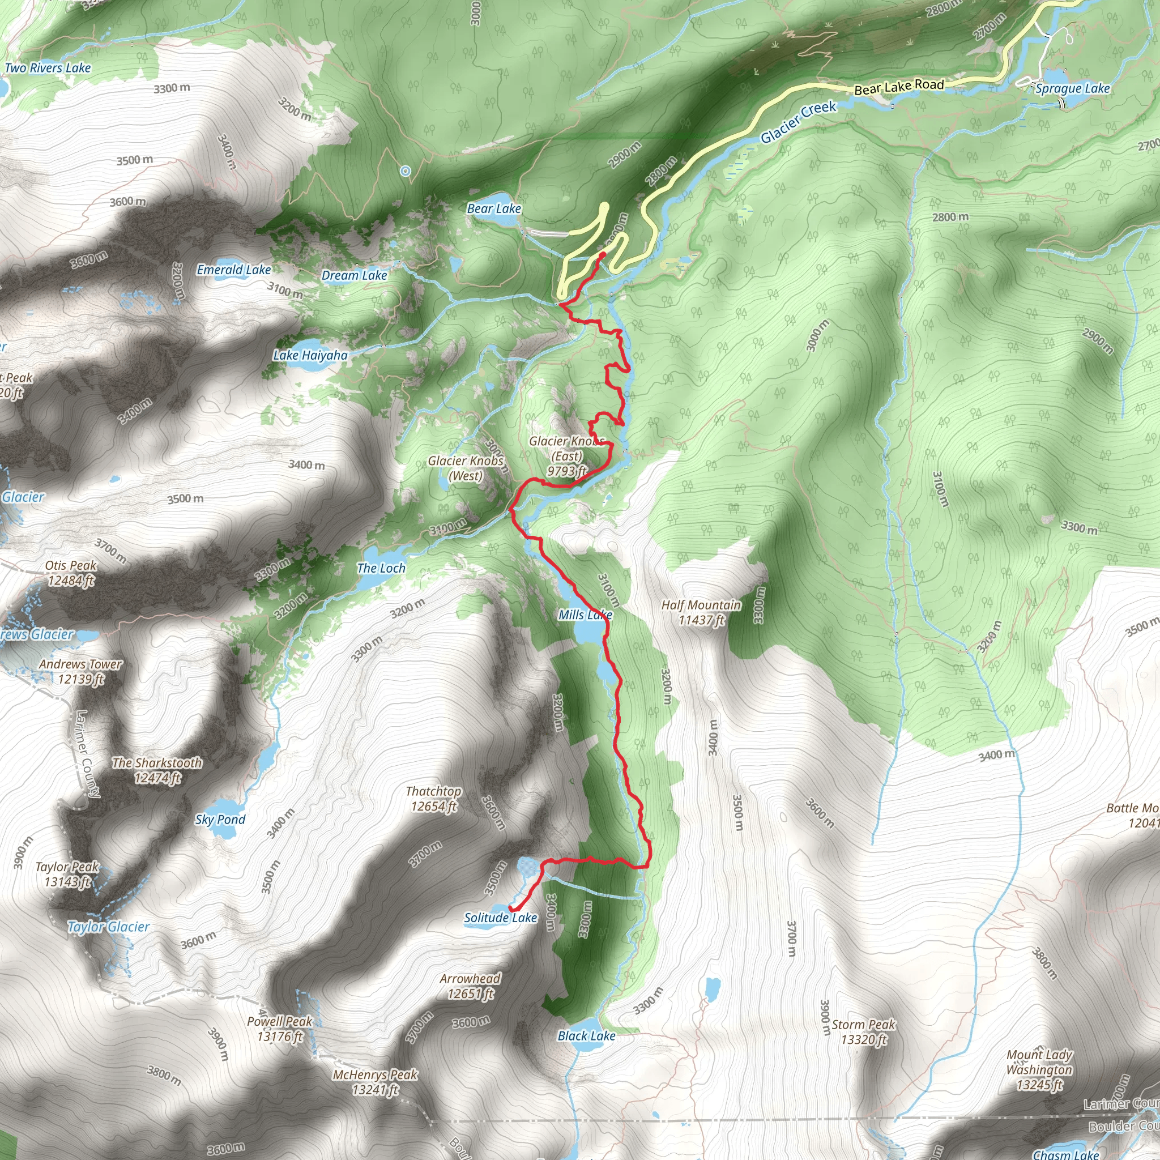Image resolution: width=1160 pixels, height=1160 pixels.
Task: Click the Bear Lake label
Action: click(x=494, y=208)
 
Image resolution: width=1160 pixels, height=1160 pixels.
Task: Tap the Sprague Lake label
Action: click(x=1072, y=88)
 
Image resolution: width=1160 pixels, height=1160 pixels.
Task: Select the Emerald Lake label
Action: click(x=233, y=270)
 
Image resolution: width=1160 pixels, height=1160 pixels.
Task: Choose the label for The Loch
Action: click(x=381, y=568)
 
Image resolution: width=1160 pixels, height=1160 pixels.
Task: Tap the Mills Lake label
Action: click(x=586, y=614)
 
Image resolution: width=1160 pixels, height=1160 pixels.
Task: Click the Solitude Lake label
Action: click(x=500, y=918)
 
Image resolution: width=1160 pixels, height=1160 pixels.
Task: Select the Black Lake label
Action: click(x=586, y=1036)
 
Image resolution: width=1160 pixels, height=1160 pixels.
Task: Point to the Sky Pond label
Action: click(x=220, y=820)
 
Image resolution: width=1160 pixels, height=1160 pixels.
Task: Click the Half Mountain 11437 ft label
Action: click(x=701, y=612)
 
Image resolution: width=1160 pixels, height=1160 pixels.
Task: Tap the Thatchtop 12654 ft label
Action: click(x=433, y=799)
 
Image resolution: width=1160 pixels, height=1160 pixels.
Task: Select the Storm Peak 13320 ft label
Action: click(x=863, y=1031)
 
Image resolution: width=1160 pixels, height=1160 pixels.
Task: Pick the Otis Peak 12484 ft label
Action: click(x=71, y=573)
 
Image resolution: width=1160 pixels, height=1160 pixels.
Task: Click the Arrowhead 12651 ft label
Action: click(x=470, y=986)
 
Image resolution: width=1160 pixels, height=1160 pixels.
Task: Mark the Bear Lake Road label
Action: click(x=899, y=87)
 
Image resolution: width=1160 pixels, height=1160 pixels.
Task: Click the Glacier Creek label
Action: click(x=798, y=122)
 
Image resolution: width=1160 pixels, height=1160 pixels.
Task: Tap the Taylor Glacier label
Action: click(x=108, y=927)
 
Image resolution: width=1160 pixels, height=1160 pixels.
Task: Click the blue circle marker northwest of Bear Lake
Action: click(x=406, y=171)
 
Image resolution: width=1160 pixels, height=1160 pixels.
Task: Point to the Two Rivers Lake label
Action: click(x=48, y=68)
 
